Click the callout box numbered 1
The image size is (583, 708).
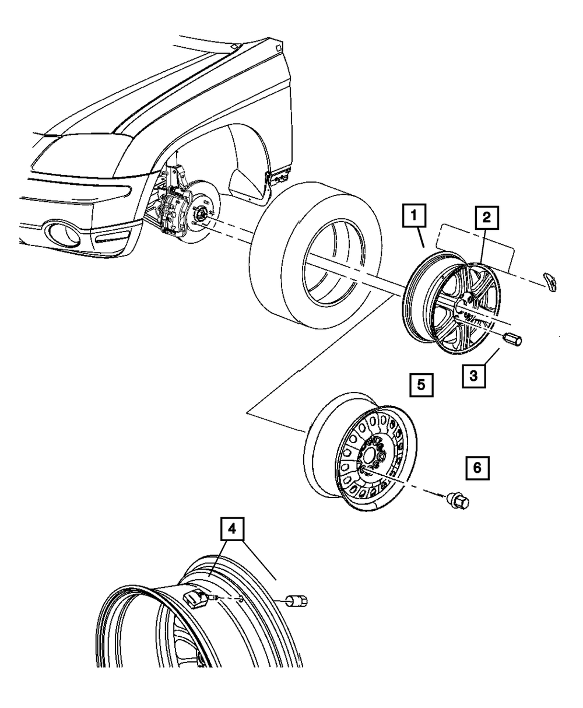click(x=414, y=215)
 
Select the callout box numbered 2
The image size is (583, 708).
click(x=487, y=218)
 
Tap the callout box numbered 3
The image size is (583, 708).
click(x=473, y=376)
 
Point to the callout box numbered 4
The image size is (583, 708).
click(x=232, y=528)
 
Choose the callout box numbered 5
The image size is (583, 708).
click(x=422, y=385)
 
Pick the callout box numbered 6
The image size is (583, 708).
click(x=477, y=468)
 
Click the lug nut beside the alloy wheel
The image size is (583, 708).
click(x=513, y=339)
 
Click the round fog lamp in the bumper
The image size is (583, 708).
click(x=64, y=234)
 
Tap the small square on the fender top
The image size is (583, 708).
click(x=278, y=48)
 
